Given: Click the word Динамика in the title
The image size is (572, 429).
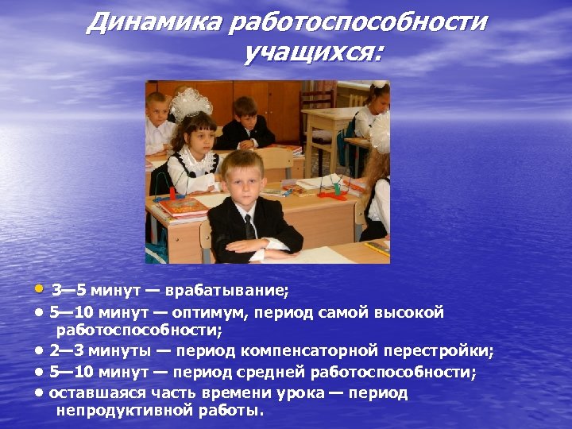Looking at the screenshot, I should (x=153, y=21).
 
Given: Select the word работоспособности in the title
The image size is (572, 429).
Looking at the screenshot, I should (x=357, y=21).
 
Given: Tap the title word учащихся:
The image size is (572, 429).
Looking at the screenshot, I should (x=313, y=53).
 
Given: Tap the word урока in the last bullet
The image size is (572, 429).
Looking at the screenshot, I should (x=297, y=392).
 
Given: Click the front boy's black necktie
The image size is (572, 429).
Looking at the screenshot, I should (x=249, y=226).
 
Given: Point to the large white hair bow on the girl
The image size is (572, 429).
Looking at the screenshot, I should (x=190, y=102).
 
